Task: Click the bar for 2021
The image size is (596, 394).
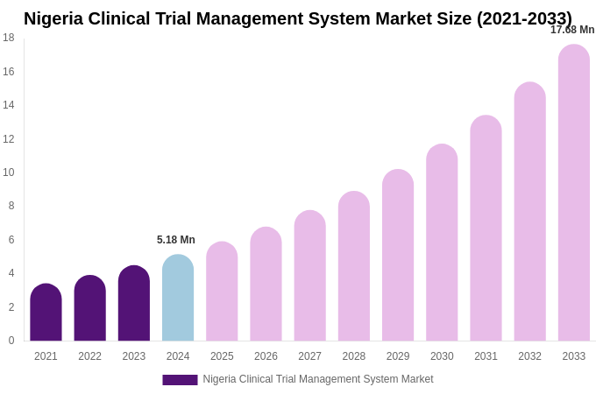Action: (46, 313)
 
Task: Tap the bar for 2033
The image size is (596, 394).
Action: (574, 193)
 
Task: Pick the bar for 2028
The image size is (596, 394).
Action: (354, 266)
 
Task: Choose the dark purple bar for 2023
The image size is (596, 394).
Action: (134, 304)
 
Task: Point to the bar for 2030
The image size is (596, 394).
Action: (442, 243)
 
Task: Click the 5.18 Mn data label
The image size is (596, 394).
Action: (176, 240)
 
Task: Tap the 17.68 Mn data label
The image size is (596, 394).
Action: (572, 30)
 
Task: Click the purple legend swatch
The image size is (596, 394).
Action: (180, 380)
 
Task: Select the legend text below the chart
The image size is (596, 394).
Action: (318, 379)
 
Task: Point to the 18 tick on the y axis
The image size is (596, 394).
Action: (9, 38)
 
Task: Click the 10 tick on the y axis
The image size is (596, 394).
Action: (9, 172)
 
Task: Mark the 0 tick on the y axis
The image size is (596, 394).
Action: (11, 341)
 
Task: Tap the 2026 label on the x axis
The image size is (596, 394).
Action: (266, 356)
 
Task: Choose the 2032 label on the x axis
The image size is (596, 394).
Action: (529, 356)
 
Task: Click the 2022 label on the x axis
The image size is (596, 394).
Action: (89, 356)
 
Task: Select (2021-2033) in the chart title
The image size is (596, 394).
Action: (524, 18)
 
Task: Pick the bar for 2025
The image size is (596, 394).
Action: (222, 292)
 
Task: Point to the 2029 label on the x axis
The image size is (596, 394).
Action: (398, 356)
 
